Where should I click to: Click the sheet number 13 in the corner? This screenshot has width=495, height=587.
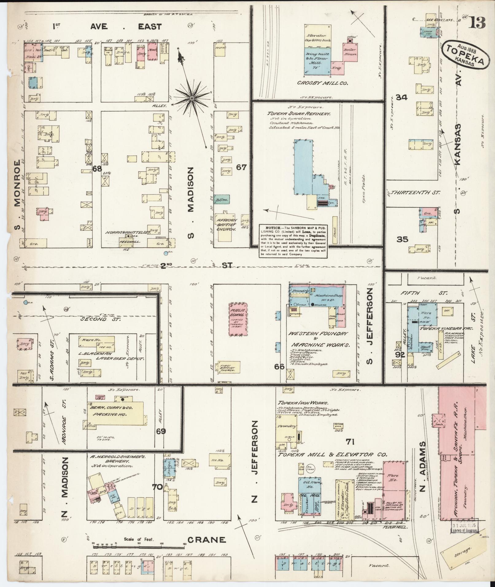coord(477,23)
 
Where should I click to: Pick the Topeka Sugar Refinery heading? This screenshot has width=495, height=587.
coord(299,114)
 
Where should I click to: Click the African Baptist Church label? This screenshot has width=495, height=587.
coord(226,225)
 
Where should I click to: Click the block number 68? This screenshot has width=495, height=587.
coord(97,168)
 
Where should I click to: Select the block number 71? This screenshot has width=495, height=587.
coord(350,442)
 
